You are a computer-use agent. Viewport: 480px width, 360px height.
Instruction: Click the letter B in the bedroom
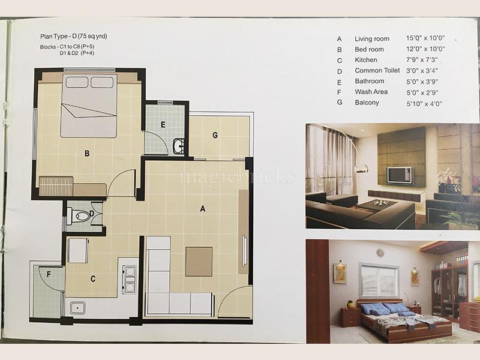pyautogui.click(x=87, y=153)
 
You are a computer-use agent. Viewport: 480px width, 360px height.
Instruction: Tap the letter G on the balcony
pyautogui.click(x=215, y=135)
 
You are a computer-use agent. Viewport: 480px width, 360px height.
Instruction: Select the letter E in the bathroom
pyautogui.click(x=163, y=125)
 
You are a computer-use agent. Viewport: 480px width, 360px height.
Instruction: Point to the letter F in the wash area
pyautogui.click(x=49, y=275)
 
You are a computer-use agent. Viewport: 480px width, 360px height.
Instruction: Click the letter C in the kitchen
pyautogui.click(x=93, y=279)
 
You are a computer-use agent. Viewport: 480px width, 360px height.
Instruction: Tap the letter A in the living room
pyautogui.click(x=203, y=209)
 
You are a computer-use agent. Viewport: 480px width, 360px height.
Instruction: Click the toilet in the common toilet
pyautogui.click(x=79, y=215)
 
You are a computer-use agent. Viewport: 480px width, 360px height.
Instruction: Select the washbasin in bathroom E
pyautogui.click(x=179, y=146)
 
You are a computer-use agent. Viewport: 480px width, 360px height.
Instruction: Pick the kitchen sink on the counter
pyautogui.click(x=78, y=308)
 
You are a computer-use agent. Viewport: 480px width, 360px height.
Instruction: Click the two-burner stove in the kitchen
pyautogui.click(x=130, y=280)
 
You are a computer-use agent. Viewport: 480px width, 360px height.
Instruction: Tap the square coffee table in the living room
pyautogui.click(x=199, y=262)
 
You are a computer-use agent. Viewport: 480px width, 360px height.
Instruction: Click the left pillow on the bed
pyautogui.click(x=77, y=82)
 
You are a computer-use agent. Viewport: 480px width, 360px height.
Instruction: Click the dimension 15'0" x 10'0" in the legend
pyautogui.click(x=425, y=38)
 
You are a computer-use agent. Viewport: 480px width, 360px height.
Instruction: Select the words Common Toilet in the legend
pyautogui.click(x=377, y=70)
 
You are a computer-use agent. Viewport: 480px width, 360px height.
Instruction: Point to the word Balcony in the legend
pyautogui.click(x=367, y=103)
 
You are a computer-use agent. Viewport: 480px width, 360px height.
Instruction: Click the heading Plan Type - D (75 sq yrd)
pyautogui.click(x=74, y=37)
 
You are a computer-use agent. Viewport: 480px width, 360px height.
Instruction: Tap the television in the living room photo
pyautogui.click(x=400, y=175)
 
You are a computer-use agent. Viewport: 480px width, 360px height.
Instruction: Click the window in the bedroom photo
pyautogui.click(x=379, y=281)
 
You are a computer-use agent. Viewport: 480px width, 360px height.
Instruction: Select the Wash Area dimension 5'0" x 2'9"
pyautogui.click(x=422, y=92)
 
